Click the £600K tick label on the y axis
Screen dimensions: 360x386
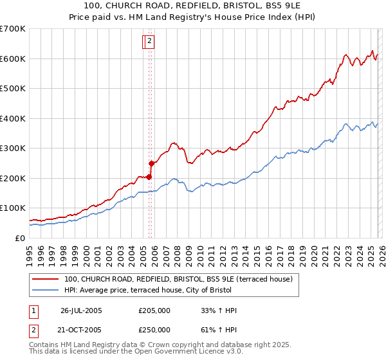(13, 59)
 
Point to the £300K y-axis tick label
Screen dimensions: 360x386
(13, 148)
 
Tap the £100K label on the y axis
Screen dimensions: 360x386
(13, 208)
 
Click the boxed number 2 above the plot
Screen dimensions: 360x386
(149, 42)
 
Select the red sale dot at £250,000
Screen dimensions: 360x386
(152, 163)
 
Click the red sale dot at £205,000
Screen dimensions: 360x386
(149, 177)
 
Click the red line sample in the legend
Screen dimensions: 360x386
(46, 279)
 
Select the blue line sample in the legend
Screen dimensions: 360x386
(46, 290)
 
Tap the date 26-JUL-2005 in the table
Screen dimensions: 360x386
(81, 310)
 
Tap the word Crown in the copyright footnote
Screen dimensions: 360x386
(158, 345)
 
